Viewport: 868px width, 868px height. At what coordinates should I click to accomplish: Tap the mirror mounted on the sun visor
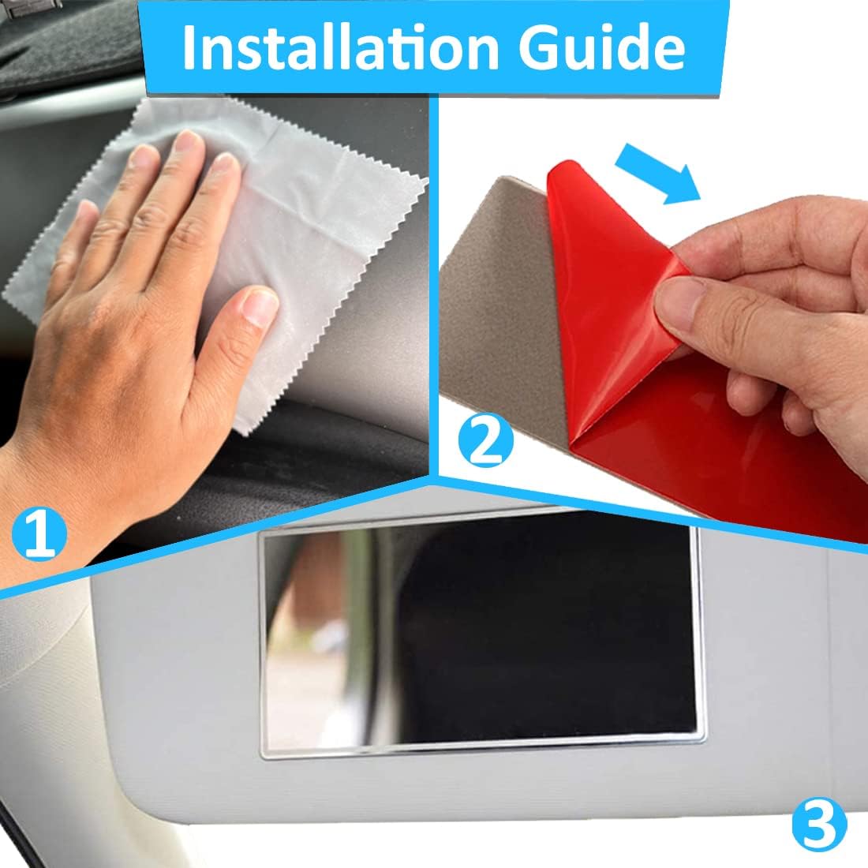point(477,639)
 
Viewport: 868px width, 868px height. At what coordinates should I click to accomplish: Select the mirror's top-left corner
point(263,532)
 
